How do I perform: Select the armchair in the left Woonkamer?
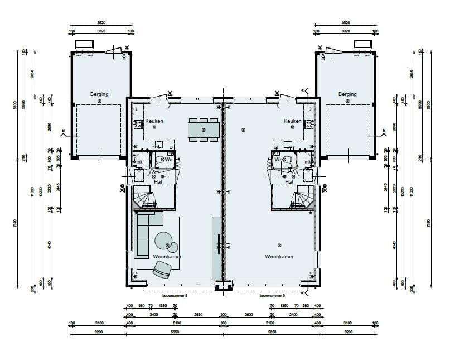(162, 270)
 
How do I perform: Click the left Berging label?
(99, 94)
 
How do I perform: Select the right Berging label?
(347, 94)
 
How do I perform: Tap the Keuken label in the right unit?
(292, 121)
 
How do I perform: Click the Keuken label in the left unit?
(154, 121)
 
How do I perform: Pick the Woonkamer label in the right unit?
(279, 257)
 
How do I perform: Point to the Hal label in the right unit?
(289, 182)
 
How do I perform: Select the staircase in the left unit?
(143, 199)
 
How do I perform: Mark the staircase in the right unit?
(304, 199)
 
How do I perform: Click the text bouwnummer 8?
(175, 296)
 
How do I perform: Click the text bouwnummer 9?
(272, 296)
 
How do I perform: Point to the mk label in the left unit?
(140, 162)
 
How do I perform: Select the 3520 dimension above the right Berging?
(347, 23)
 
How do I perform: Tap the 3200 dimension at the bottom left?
(99, 332)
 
